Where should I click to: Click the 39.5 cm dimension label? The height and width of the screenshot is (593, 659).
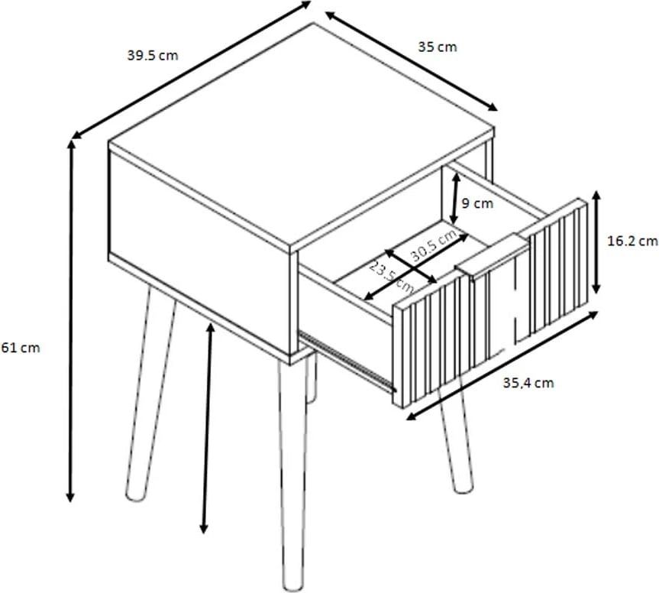click(153, 56)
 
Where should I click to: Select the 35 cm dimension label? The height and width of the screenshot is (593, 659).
click(437, 47)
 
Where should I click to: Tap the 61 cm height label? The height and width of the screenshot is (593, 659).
click(20, 348)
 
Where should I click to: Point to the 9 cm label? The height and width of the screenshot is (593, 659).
click(477, 203)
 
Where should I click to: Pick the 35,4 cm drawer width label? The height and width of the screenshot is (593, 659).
click(528, 383)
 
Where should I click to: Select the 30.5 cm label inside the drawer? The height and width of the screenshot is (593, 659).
click(433, 245)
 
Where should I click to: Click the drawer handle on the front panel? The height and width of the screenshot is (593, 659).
click(493, 257)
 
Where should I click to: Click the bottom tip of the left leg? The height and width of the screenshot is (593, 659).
click(134, 496)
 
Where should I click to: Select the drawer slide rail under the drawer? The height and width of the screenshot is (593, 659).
click(347, 361)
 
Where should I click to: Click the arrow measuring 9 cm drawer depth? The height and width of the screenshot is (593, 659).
click(455, 199)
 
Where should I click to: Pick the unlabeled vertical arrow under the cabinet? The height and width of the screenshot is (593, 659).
click(207, 428)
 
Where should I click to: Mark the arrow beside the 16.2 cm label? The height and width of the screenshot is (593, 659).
click(596, 241)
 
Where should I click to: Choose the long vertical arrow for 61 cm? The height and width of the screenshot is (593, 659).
click(71, 321)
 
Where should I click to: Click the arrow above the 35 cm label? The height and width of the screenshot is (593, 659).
click(412, 61)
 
